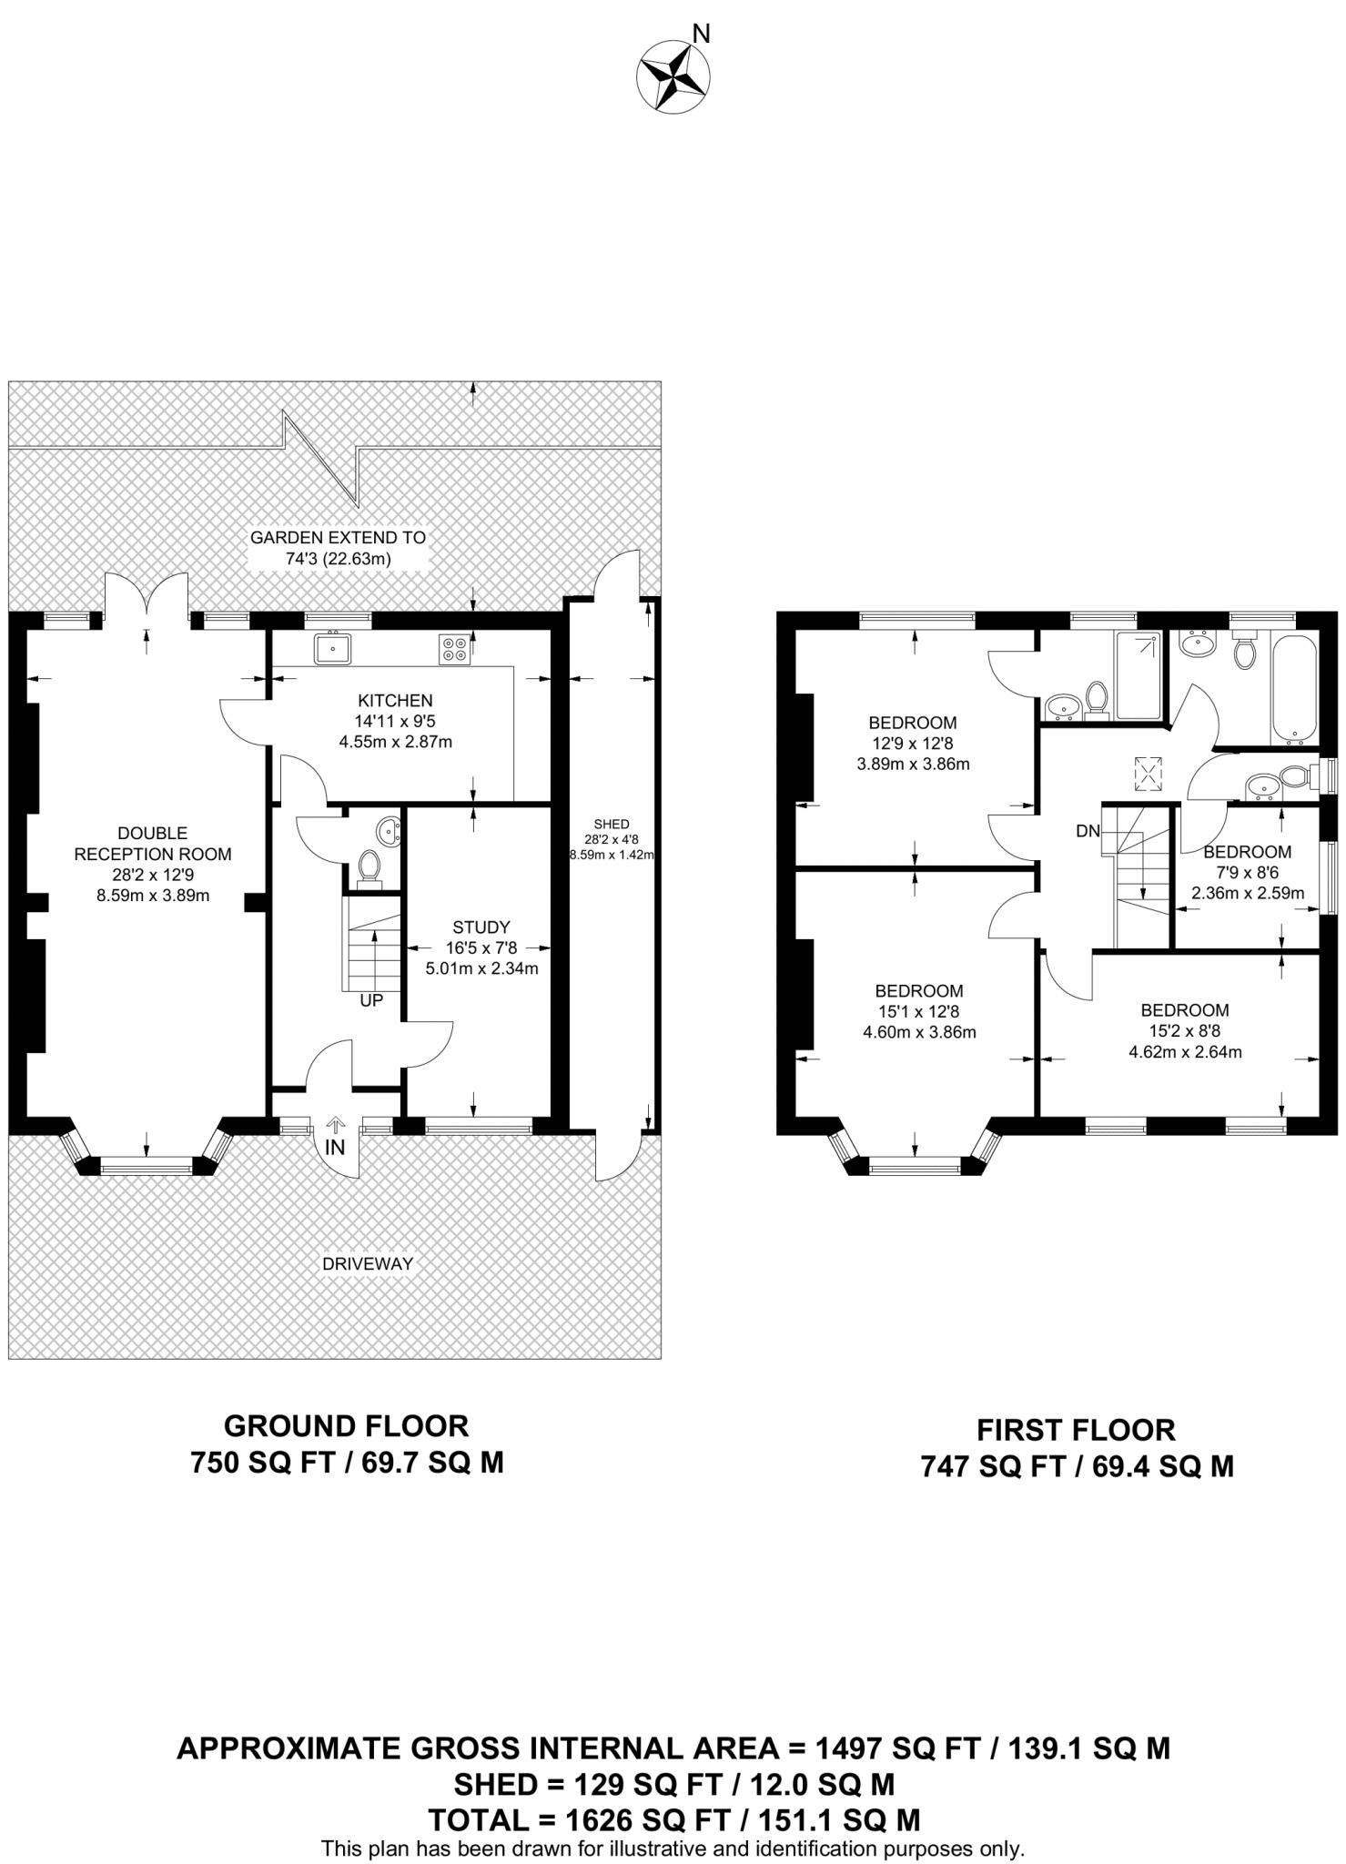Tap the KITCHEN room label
395,701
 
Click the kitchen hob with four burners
453,648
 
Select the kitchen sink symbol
333,648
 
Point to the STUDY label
481,927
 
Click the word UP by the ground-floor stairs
371,1000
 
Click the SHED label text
612,825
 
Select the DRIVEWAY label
367,1263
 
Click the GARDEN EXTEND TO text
338,538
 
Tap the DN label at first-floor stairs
1088,831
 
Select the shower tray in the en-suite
1138,675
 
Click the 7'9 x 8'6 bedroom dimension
1248,872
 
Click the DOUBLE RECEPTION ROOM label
153,844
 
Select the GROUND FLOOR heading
346,1425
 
